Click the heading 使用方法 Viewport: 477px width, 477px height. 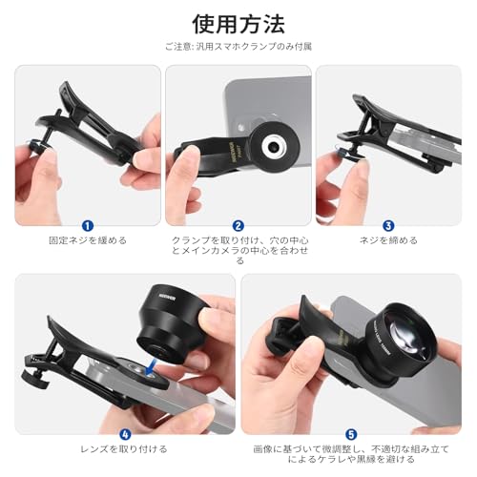click(x=238, y=21)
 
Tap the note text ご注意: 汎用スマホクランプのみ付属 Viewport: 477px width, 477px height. click(x=238, y=46)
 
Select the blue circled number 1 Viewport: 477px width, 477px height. click(x=87, y=224)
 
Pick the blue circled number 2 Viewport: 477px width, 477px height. click(x=238, y=224)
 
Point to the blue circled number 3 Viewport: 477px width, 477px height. click(x=389, y=224)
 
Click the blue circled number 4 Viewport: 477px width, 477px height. click(x=124, y=432)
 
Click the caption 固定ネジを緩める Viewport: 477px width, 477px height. click(x=87, y=240)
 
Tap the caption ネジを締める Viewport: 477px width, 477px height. click(x=389, y=240)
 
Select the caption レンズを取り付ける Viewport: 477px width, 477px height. click(x=124, y=448)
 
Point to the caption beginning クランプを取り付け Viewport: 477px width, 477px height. click(x=238, y=250)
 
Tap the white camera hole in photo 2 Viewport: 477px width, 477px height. click(x=274, y=144)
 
